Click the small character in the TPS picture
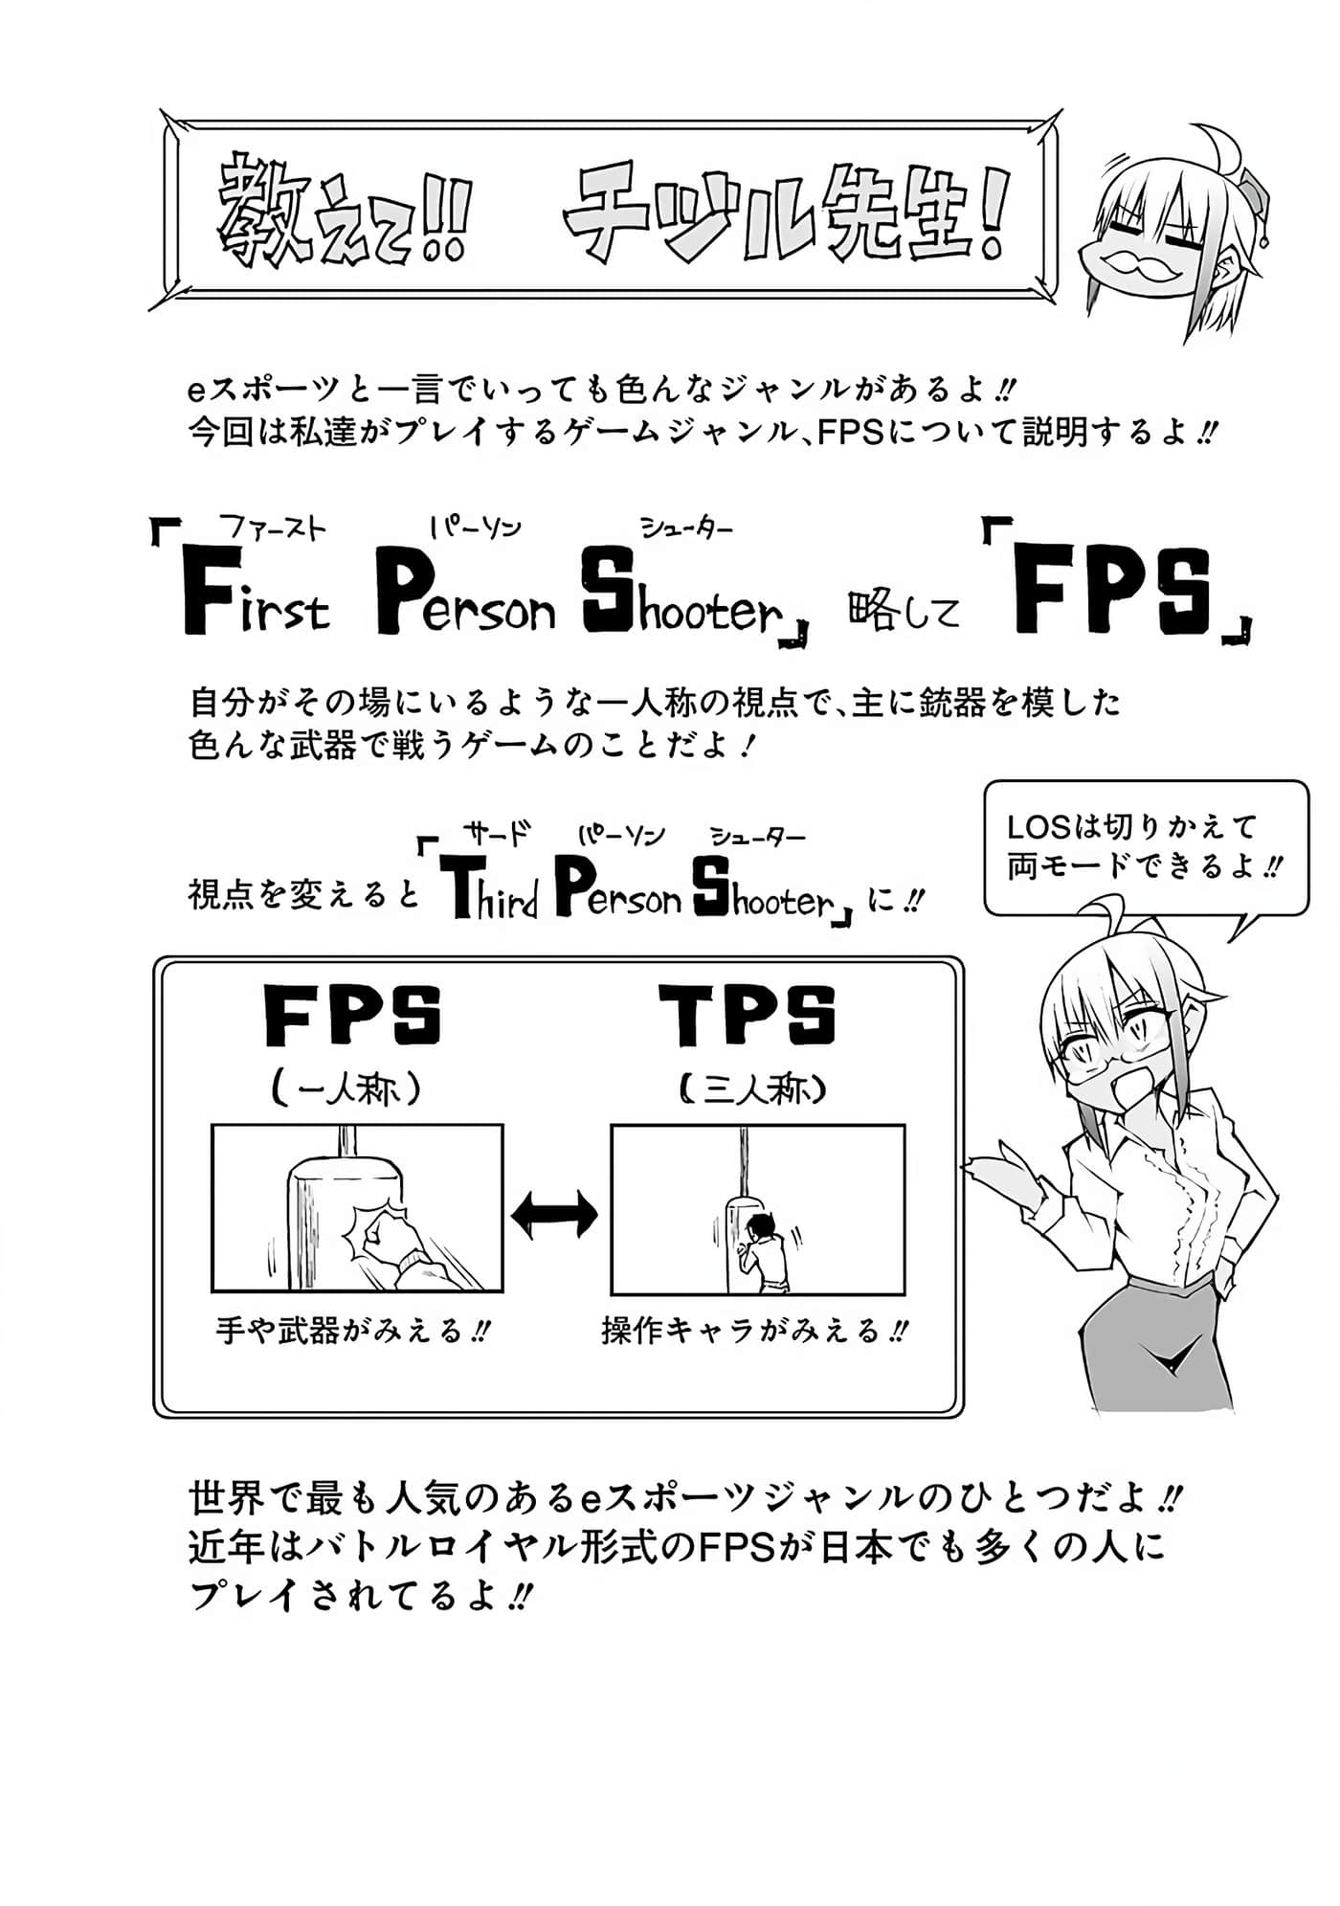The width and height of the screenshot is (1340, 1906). pos(766,1254)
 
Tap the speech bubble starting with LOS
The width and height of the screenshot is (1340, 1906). pos(1145,847)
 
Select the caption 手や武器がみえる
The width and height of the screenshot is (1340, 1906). pos(352,1331)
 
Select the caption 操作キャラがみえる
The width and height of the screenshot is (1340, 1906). pos(753,1331)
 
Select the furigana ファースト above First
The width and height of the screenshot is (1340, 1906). pos(273,527)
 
